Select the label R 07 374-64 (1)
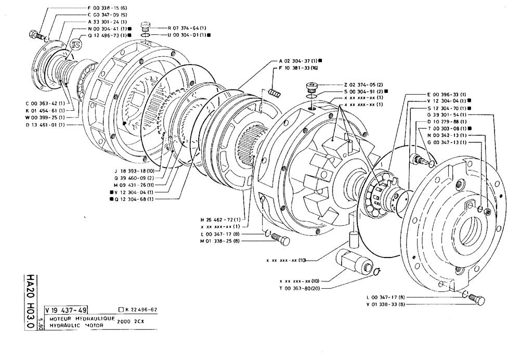pos(186,27)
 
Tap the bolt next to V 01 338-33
pos(475,299)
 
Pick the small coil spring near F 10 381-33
pos(275,93)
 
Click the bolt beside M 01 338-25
pos(283,240)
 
